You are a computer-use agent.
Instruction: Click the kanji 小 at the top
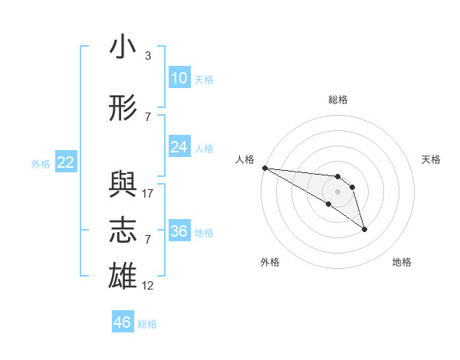(x=123, y=47)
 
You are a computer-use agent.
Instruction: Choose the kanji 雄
(x=123, y=277)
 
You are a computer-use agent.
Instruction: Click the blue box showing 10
(x=179, y=78)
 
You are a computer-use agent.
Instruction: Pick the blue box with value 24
(x=179, y=147)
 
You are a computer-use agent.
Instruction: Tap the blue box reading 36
(x=179, y=231)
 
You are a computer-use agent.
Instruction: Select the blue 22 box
(x=66, y=162)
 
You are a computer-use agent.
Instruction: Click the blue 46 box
(x=122, y=322)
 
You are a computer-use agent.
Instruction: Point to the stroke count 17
(x=148, y=194)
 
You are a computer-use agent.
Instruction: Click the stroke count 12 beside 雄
(x=148, y=286)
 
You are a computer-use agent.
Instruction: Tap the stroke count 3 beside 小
(x=148, y=56)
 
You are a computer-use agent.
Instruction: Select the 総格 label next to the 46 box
(x=147, y=324)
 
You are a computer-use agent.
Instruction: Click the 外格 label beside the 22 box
(x=41, y=163)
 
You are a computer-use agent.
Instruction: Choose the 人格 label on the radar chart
(x=245, y=159)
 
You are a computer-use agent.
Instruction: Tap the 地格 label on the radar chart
(x=402, y=262)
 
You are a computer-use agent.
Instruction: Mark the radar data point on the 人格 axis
(x=264, y=167)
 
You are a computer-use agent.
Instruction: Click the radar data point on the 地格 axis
(x=364, y=229)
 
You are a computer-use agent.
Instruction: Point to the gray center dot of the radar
(x=337, y=191)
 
